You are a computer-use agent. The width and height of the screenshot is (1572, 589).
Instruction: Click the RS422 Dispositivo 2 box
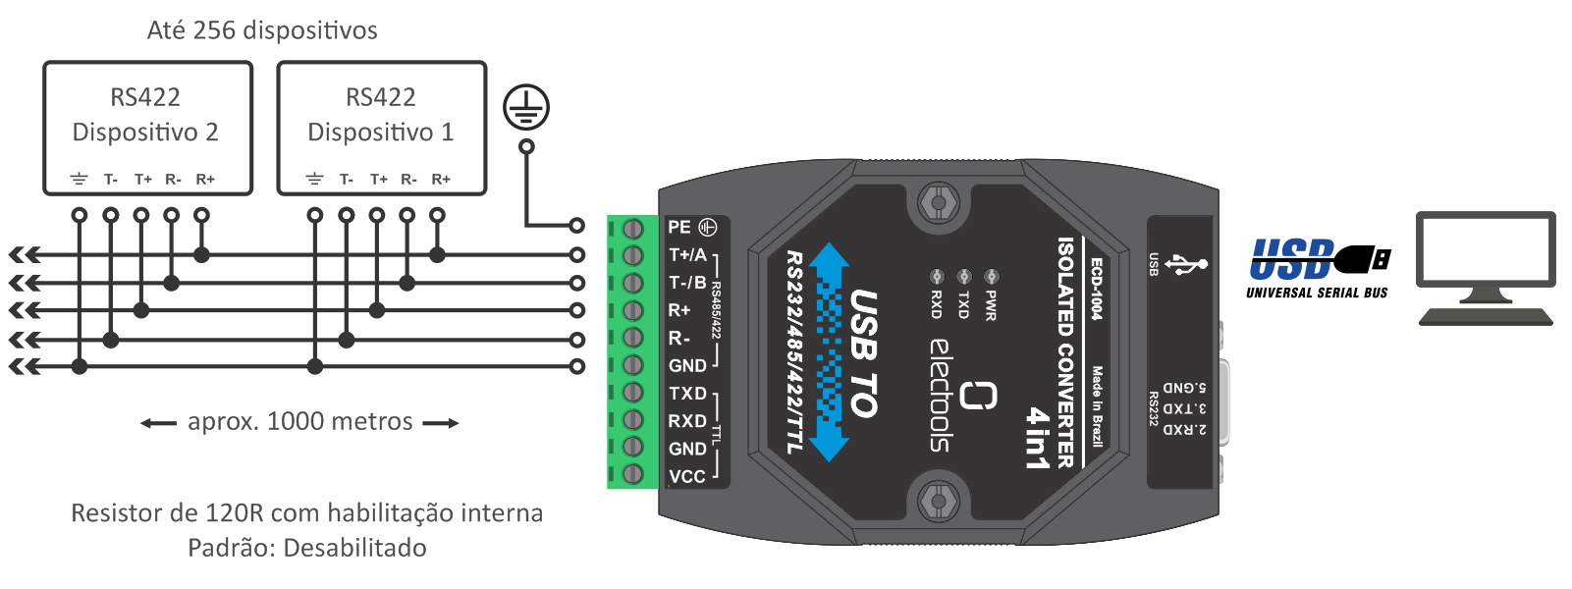pyautogui.click(x=147, y=128)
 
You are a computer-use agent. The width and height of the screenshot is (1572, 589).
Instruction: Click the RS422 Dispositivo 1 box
pyautogui.click(x=381, y=128)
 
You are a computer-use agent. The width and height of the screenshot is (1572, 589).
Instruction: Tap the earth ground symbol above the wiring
pyautogui.click(x=526, y=108)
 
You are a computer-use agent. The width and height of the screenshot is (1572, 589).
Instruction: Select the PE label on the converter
pyautogui.click(x=679, y=227)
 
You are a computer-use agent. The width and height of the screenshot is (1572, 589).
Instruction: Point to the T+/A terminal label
pyautogui.click(x=687, y=255)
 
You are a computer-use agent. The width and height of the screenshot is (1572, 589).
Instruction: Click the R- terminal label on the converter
pyautogui.click(x=679, y=338)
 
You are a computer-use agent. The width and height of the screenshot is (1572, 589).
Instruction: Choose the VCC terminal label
pyautogui.click(x=687, y=476)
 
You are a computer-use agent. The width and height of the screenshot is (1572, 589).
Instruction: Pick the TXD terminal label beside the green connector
pyautogui.click(x=687, y=393)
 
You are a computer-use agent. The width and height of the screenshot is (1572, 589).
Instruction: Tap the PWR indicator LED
pyautogui.click(x=992, y=277)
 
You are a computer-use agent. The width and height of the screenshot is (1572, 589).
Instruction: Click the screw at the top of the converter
pyautogui.click(x=938, y=203)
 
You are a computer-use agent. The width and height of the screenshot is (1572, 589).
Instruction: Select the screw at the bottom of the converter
pyautogui.click(x=938, y=501)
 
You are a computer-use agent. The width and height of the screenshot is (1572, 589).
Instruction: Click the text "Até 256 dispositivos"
pyautogui.click(x=262, y=30)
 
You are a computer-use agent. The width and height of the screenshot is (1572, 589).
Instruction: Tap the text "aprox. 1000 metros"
pyautogui.click(x=299, y=422)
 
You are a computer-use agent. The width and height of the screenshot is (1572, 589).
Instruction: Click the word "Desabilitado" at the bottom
pyautogui.click(x=354, y=548)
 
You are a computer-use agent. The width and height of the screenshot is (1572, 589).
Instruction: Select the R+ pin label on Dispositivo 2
pyautogui.click(x=205, y=180)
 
